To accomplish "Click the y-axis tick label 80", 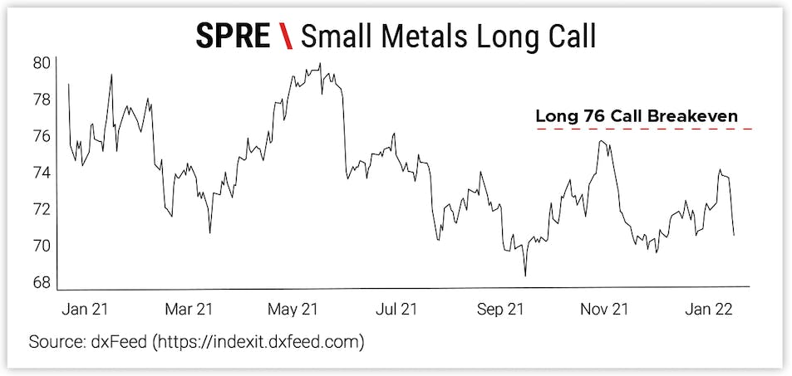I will click(x=42, y=62).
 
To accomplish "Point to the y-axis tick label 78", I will click(x=42, y=100).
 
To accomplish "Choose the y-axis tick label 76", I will click(x=42, y=136).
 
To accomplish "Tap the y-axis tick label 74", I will click(x=42, y=173).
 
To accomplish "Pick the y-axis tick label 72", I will click(x=42, y=209).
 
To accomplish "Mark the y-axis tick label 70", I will click(x=42, y=246).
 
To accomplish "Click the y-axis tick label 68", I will click(x=42, y=282).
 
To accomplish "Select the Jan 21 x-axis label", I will click(x=86, y=310).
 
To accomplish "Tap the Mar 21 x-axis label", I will click(x=189, y=310).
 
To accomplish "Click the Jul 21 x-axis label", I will click(x=397, y=310).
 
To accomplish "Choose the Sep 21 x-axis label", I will click(x=501, y=310).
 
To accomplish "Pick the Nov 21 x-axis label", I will click(x=604, y=310).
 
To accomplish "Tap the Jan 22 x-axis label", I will click(x=707, y=310).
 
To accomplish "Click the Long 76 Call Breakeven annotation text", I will click(x=637, y=116).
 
